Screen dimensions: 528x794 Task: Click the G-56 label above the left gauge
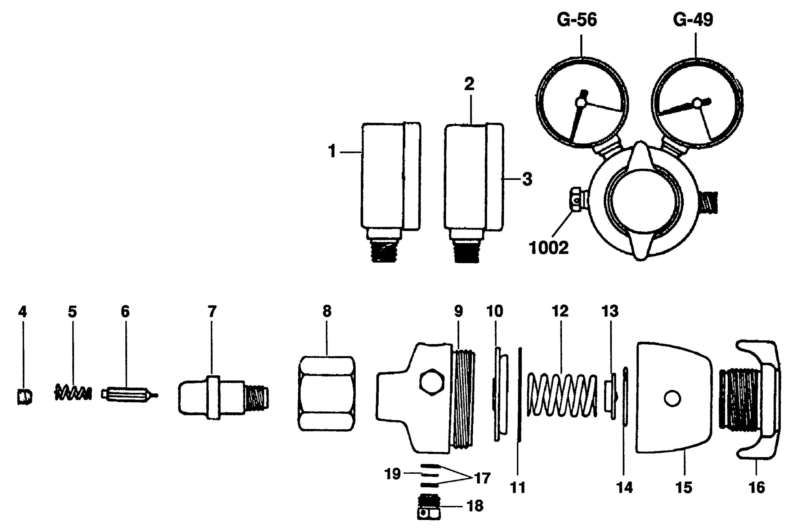(x=577, y=20)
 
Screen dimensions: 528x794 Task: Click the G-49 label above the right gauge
(x=693, y=20)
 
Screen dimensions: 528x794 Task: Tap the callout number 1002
(x=549, y=248)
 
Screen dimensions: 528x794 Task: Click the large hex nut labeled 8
(x=326, y=393)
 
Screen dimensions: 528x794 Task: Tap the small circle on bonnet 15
(x=672, y=399)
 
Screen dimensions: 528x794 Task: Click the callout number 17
(x=483, y=478)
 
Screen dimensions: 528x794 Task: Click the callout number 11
(x=518, y=488)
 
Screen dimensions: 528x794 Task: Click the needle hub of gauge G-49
(x=697, y=103)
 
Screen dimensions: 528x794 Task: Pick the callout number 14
(x=624, y=488)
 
